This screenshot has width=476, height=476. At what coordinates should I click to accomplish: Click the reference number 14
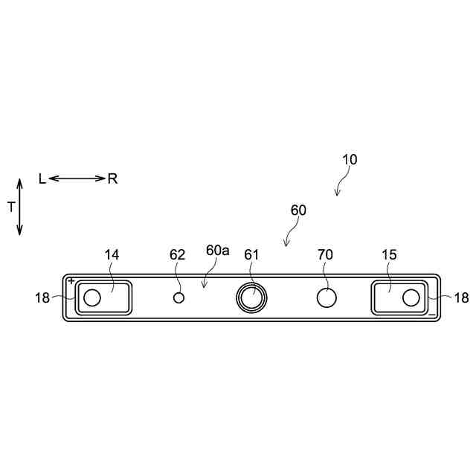click(112, 254)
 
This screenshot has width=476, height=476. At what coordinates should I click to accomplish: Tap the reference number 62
click(177, 254)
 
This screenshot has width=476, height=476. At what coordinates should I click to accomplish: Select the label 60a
click(217, 251)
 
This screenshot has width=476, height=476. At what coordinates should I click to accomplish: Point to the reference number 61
click(251, 254)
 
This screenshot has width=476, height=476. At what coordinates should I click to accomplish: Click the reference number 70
click(325, 254)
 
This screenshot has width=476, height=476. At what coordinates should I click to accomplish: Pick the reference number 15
click(389, 254)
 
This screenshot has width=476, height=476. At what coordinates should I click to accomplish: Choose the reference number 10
click(350, 160)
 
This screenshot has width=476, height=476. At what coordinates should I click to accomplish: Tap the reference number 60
click(298, 210)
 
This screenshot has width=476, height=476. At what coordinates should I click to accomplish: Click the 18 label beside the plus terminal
click(42, 298)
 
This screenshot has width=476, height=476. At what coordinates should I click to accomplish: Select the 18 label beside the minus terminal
click(461, 298)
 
